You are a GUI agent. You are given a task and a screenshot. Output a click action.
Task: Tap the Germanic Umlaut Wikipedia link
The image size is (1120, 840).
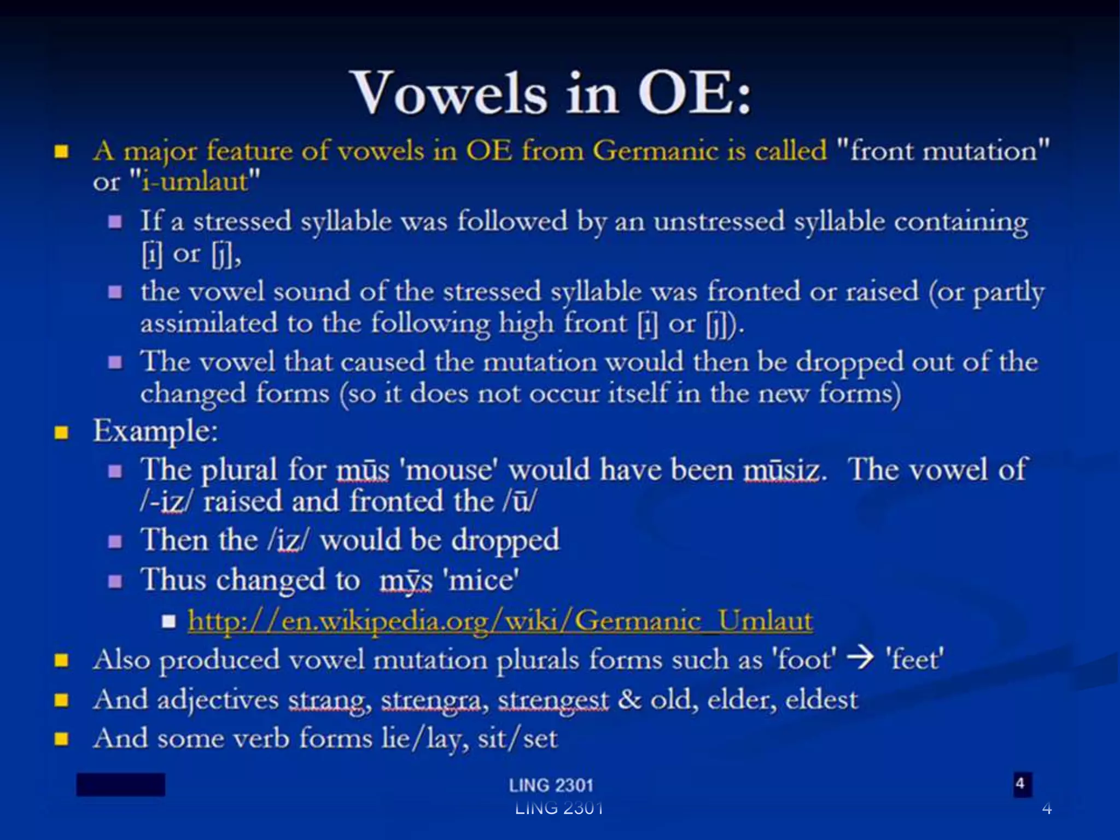coord(500,621)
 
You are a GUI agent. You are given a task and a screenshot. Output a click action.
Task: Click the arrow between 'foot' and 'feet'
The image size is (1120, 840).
coord(860,658)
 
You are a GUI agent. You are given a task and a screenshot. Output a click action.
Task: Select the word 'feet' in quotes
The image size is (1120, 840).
coord(914,659)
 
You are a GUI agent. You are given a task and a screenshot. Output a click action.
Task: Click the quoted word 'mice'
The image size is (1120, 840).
coord(483,580)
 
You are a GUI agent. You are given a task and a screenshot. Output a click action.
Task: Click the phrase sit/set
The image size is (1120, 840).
coord(517,739)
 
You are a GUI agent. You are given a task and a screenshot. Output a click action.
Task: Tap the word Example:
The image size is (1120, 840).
coord(155,431)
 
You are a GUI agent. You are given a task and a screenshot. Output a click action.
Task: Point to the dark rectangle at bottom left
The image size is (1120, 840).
coord(120,784)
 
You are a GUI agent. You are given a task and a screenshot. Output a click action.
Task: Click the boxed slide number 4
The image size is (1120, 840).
coord(1019,784)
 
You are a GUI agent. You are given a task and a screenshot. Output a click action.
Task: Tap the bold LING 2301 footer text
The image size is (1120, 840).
coord(551,785)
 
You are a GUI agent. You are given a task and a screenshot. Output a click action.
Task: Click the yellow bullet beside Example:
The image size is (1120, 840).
coord(61,433)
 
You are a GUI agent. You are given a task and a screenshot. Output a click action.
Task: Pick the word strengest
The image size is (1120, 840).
coord(553,700)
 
